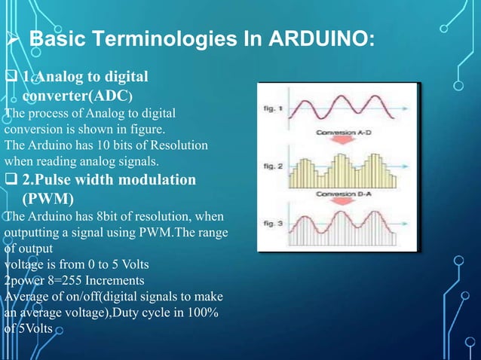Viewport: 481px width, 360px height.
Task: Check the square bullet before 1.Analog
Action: (11, 77)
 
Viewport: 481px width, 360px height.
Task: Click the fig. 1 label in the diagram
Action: (271, 108)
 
